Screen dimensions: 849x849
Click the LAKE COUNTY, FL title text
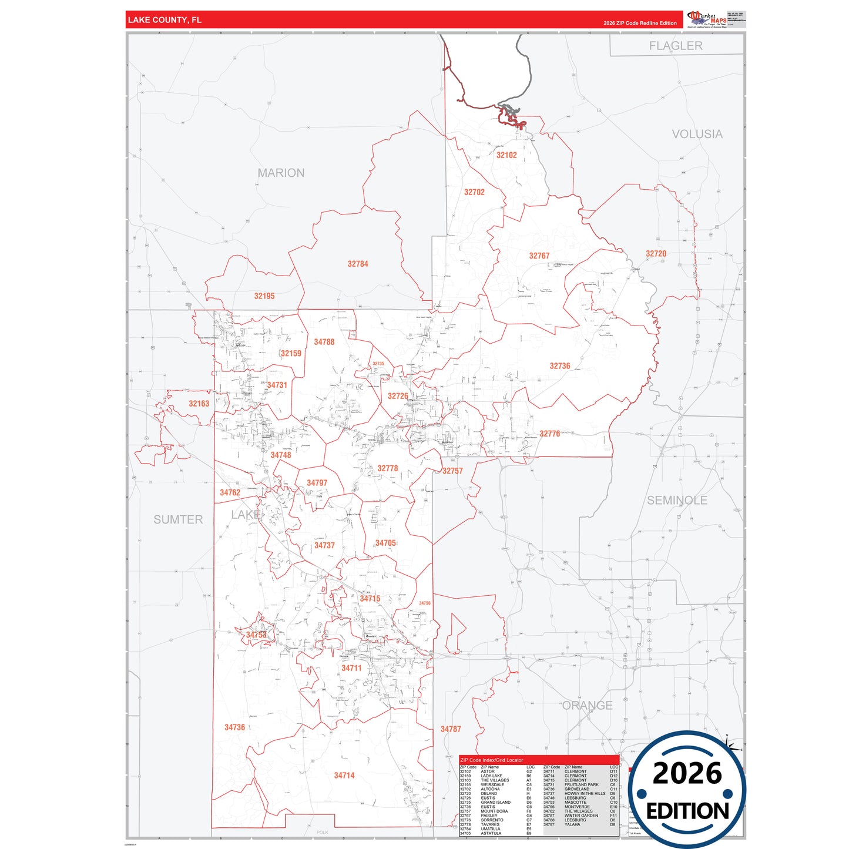[165, 20]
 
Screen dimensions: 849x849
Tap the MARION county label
[281, 173]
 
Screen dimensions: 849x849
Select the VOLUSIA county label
[697, 134]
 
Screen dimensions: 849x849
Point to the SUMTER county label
[178, 519]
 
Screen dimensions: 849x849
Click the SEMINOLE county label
[677, 501]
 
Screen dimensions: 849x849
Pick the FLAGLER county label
[676, 46]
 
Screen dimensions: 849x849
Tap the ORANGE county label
[588, 705]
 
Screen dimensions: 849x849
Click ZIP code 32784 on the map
[358, 264]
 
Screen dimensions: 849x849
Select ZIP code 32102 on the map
[506, 155]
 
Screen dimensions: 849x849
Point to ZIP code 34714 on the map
[344, 776]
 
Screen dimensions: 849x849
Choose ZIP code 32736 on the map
[560, 365]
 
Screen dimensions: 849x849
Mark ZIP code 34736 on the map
[234, 727]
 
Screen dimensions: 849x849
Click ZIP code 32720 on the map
[656, 254]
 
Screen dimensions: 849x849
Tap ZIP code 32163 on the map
[199, 404]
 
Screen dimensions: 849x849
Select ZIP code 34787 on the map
[451, 729]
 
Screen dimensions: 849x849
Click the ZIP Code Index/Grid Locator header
[492, 760]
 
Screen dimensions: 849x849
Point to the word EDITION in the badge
[687, 811]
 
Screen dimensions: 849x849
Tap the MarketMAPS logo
[707, 19]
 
